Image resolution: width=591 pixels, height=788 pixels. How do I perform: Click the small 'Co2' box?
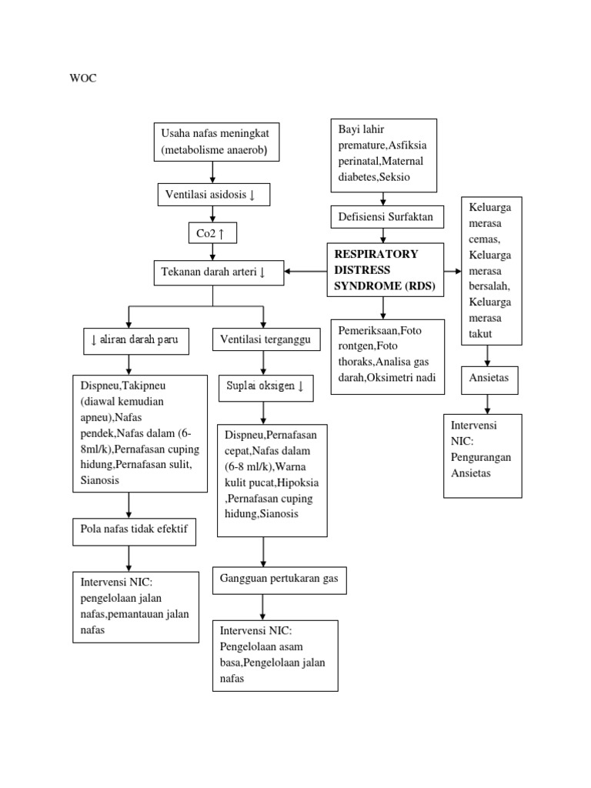click(x=212, y=232)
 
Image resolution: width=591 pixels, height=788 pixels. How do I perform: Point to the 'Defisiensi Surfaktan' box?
click(x=386, y=217)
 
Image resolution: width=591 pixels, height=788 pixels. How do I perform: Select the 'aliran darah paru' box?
click(x=135, y=340)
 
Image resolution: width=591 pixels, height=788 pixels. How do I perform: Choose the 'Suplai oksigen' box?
click(x=263, y=386)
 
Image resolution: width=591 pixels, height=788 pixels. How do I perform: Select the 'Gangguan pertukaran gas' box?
click(x=279, y=579)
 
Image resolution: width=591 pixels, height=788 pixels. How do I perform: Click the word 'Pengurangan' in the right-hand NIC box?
click(x=481, y=457)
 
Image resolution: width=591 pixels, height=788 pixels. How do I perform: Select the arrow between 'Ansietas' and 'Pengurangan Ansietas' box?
click(x=487, y=403)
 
